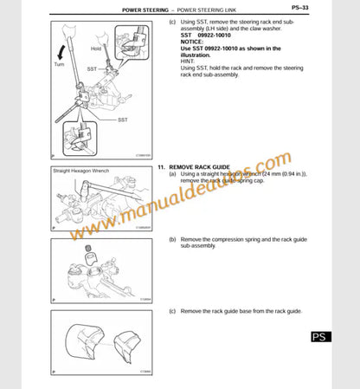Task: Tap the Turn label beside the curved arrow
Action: [x=59, y=65]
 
